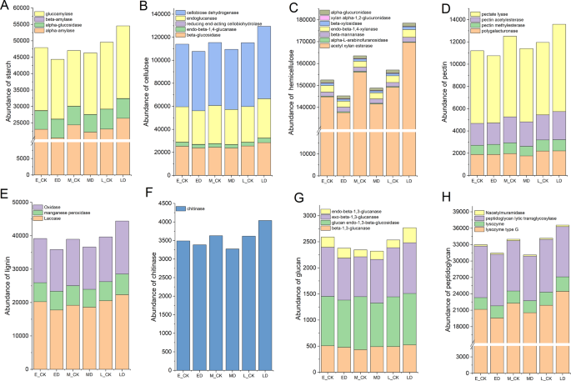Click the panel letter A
(5, 8)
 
